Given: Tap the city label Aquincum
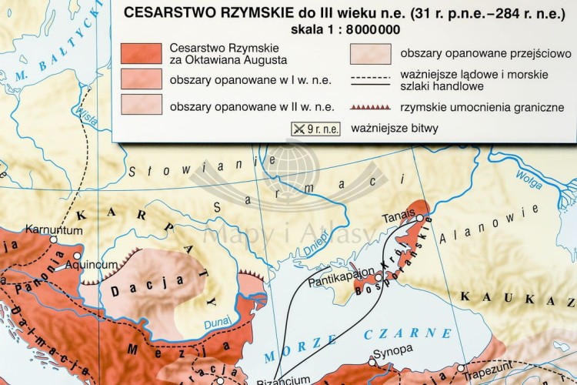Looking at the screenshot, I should point(91,264).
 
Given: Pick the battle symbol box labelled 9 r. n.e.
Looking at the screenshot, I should point(315,129).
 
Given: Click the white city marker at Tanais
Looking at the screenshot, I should point(419,219).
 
